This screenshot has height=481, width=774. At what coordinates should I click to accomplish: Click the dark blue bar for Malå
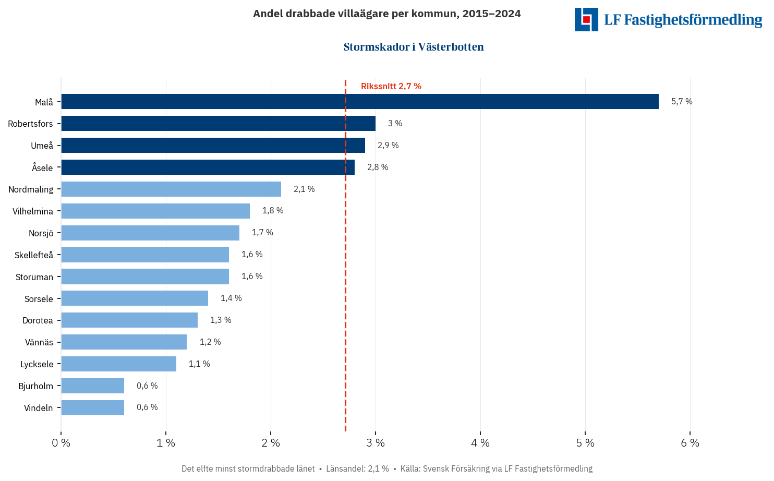[x=360, y=102]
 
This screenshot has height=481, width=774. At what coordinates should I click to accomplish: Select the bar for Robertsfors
[x=218, y=124]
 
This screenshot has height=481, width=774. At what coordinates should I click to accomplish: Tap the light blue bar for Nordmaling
[x=171, y=189]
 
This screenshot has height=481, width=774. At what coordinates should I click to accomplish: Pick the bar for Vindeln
[x=93, y=407]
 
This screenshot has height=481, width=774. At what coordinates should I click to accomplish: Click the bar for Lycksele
[x=119, y=364]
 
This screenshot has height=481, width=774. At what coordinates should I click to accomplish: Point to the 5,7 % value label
[x=682, y=102]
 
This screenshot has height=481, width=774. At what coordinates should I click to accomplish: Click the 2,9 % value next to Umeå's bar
[x=388, y=146]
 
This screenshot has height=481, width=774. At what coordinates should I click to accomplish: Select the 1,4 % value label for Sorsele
[x=231, y=298]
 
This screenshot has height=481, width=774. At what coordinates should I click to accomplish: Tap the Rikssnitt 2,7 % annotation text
[x=391, y=87]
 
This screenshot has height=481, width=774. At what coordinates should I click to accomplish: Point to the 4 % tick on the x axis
[x=480, y=443]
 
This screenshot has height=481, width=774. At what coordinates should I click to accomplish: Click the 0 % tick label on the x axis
[x=61, y=443]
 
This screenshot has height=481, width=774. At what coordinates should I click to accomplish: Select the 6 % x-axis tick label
[x=690, y=443]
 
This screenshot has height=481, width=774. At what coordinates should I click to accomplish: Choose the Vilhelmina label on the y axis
[x=33, y=211]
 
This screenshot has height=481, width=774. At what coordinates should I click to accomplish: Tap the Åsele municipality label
[x=42, y=167]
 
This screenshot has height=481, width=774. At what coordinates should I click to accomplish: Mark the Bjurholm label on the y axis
[x=35, y=386]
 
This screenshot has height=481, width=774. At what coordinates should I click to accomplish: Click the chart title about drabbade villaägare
[x=387, y=14]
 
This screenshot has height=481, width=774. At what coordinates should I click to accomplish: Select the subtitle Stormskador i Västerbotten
[x=414, y=47]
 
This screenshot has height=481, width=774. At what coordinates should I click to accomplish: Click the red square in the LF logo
[x=586, y=19]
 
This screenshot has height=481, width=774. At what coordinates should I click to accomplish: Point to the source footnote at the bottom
[x=387, y=468]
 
